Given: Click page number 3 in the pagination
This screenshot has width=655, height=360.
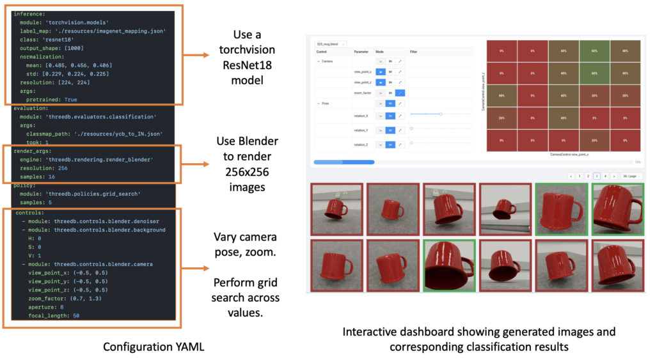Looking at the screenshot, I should click(596, 175).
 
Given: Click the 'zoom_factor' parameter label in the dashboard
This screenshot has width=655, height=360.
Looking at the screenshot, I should click(363, 93).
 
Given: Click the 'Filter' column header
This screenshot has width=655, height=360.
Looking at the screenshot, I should click(414, 51).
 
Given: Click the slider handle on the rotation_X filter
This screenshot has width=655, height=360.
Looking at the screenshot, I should click(441, 114).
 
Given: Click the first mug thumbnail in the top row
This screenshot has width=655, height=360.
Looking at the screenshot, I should click(336, 208).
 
